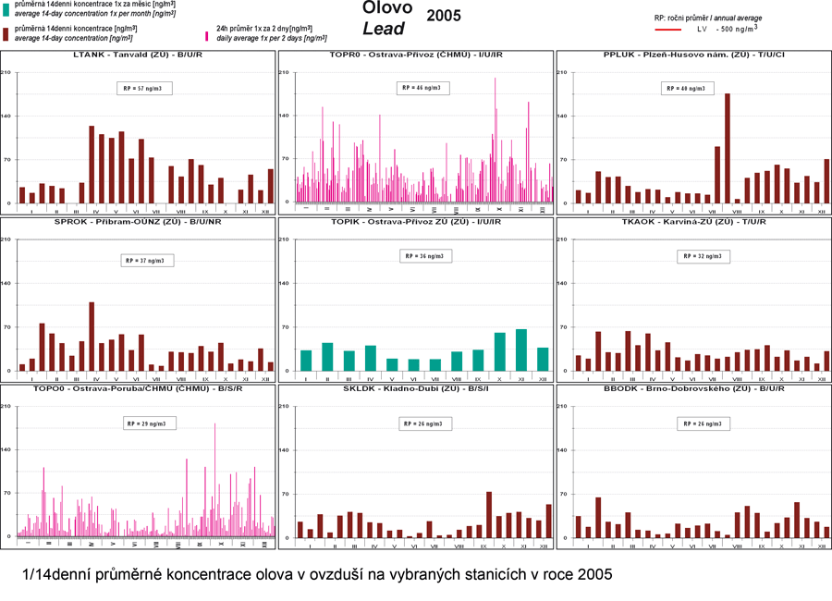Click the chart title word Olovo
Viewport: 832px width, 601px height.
point(387,8)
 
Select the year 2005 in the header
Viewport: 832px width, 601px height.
point(444,16)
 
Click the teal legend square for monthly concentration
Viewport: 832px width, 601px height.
point(6,7)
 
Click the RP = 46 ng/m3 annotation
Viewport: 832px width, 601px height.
point(421,88)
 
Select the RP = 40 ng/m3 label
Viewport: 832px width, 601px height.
point(687,89)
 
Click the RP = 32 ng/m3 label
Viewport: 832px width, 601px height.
point(701,256)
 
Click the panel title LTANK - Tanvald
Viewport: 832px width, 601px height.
point(139,55)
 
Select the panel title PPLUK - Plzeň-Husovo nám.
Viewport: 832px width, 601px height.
point(693,55)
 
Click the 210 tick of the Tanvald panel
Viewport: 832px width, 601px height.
point(8,73)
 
